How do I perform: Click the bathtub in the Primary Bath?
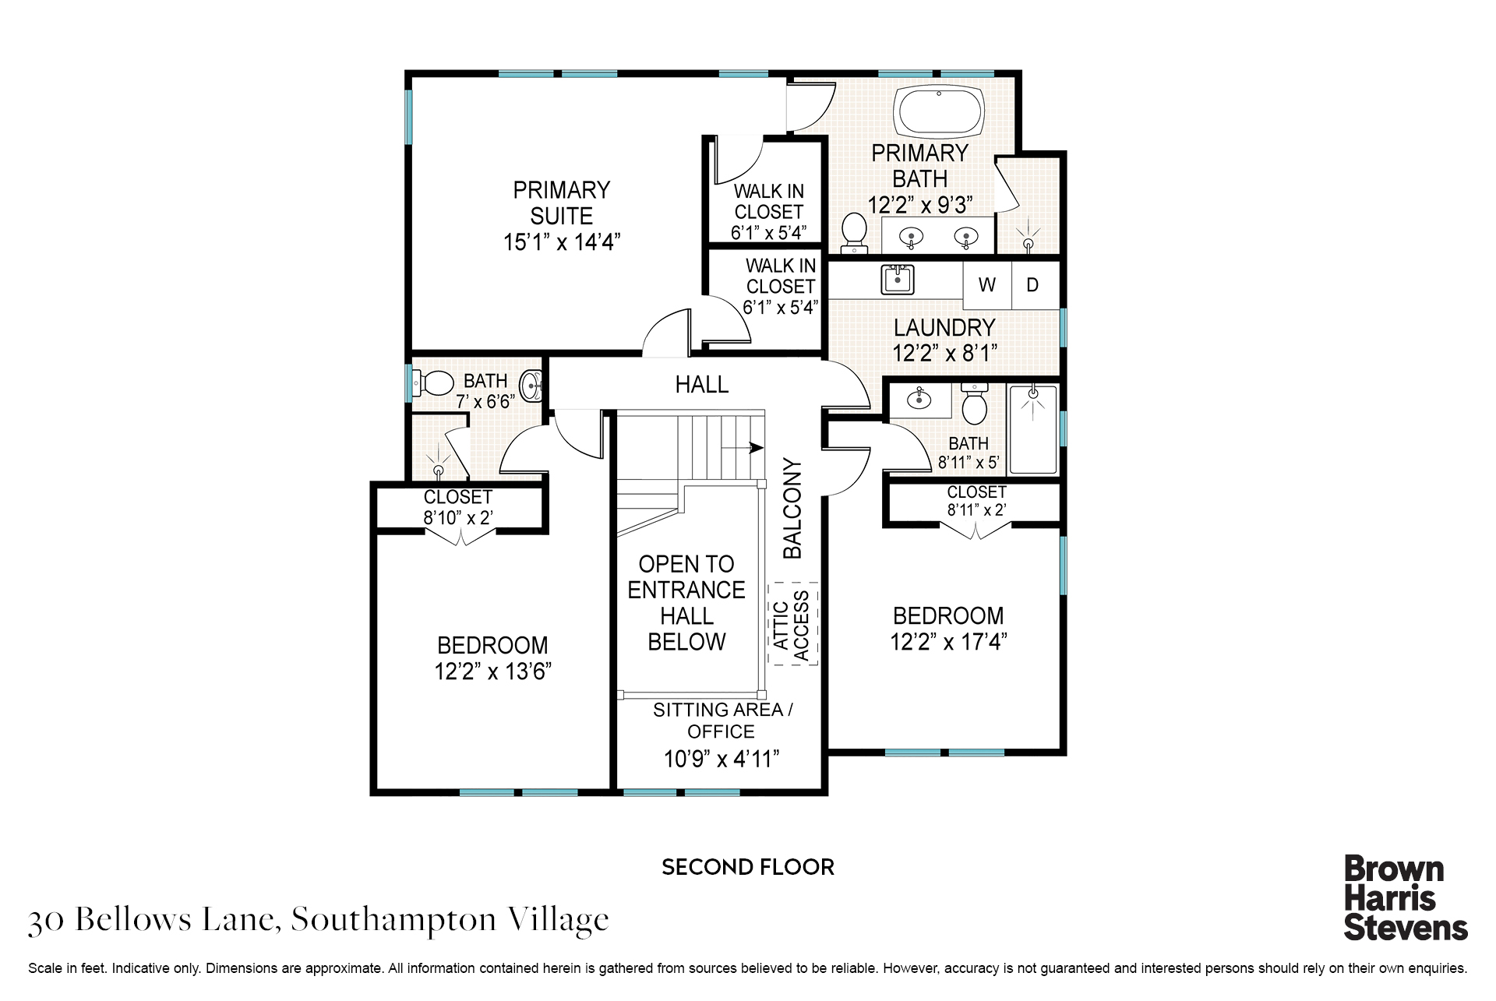pyautogui.click(x=939, y=113)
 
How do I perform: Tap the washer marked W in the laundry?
pyautogui.click(x=987, y=285)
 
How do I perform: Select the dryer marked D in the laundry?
pyautogui.click(x=1036, y=285)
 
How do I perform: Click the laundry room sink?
pyautogui.click(x=898, y=280)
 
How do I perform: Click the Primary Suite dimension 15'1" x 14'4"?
pyautogui.click(x=561, y=242)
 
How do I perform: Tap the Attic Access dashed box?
pyautogui.click(x=792, y=624)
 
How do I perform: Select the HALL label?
pyautogui.click(x=702, y=384)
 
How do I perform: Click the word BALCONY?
pyautogui.click(x=792, y=509)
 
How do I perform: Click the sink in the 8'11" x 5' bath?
pyautogui.click(x=920, y=399)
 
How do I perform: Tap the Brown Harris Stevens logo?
pyautogui.click(x=1405, y=897)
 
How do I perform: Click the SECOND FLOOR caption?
pyautogui.click(x=748, y=867)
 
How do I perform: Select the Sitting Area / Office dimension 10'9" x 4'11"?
pyautogui.click(x=721, y=759)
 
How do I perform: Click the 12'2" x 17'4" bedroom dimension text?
pyautogui.click(x=948, y=642)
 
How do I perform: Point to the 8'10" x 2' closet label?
pyautogui.click(x=458, y=507)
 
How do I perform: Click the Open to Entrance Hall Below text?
pyautogui.click(x=686, y=603)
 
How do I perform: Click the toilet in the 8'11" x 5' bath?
pyautogui.click(x=974, y=403)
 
